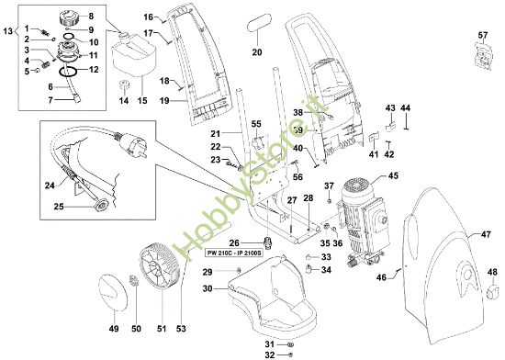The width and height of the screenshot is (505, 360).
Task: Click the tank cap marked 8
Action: click(66, 18)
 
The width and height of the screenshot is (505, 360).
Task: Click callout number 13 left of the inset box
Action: click(9, 32)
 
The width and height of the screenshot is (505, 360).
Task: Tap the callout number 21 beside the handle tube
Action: click(215, 134)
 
